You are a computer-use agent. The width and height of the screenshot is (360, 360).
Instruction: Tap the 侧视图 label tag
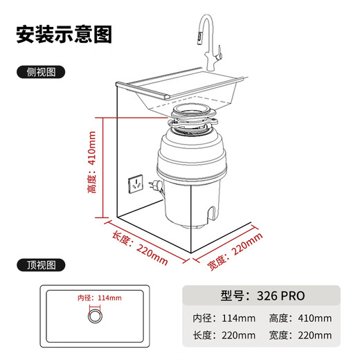tap(39, 72)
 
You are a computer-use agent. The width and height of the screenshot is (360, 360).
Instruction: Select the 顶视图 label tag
tap(39, 265)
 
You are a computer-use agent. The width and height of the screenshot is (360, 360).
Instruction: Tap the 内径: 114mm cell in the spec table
tap(224, 318)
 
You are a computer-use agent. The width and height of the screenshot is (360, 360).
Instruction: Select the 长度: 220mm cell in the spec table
tap(224, 336)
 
